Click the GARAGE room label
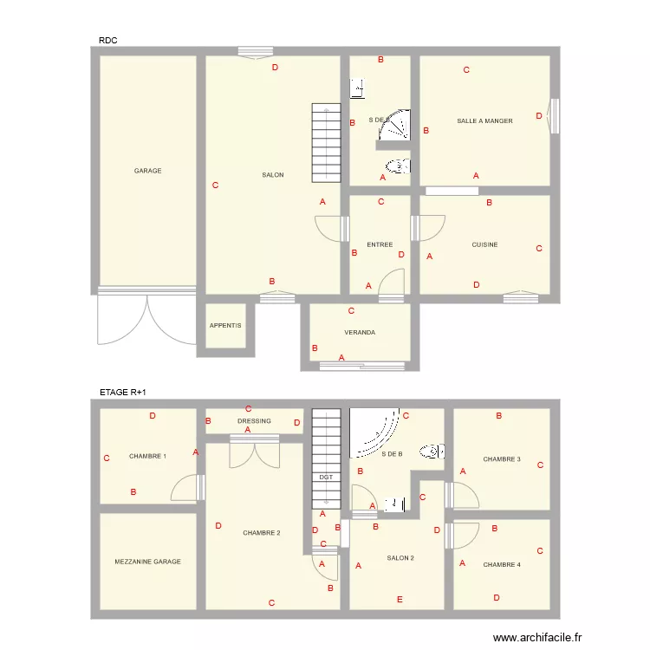(147, 171)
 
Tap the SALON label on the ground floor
(273, 175)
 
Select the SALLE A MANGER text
(484, 121)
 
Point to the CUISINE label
(484, 244)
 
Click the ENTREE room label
(380, 244)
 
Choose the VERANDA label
(360, 332)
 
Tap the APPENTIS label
(225, 326)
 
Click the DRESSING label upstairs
(254, 421)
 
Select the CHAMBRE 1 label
(147, 456)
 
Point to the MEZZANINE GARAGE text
(147, 562)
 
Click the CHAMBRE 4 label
(502, 564)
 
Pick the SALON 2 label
(400, 557)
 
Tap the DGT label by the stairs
(326, 478)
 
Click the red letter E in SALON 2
(400, 600)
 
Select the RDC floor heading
(108, 40)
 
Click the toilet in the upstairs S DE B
(431, 451)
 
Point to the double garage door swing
(146, 319)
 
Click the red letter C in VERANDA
(351, 311)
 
